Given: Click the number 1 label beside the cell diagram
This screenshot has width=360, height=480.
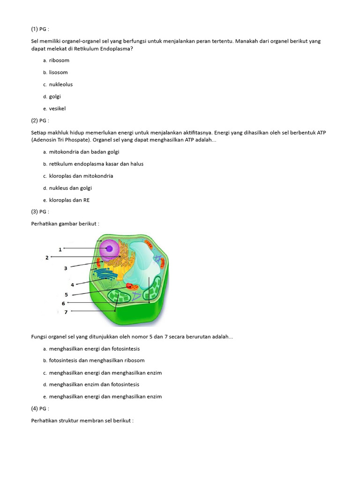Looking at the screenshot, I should click(60, 249).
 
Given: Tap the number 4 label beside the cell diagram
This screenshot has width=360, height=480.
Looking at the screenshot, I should click(72, 285).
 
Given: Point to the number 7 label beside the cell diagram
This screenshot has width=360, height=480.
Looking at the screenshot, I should click(66, 312).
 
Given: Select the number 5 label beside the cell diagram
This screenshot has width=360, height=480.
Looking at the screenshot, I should click(66, 295).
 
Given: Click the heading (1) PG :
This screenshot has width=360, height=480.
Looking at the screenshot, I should click(40, 29).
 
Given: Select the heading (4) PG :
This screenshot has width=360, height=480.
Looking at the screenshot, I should click(40, 408).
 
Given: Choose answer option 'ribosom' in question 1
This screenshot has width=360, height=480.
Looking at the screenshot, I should click(59, 60).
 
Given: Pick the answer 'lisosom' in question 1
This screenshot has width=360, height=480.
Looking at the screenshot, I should click(58, 73).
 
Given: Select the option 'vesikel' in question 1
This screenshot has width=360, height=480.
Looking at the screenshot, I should click(57, 109).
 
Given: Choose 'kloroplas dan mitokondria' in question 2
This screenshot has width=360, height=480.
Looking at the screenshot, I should click(81, 176).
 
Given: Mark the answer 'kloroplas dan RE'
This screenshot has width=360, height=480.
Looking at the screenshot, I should click(69, 200).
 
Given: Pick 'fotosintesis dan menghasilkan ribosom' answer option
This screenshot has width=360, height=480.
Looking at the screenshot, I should click(97, 360).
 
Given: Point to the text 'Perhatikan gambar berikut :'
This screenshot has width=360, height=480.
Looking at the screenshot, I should click(65, 224).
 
